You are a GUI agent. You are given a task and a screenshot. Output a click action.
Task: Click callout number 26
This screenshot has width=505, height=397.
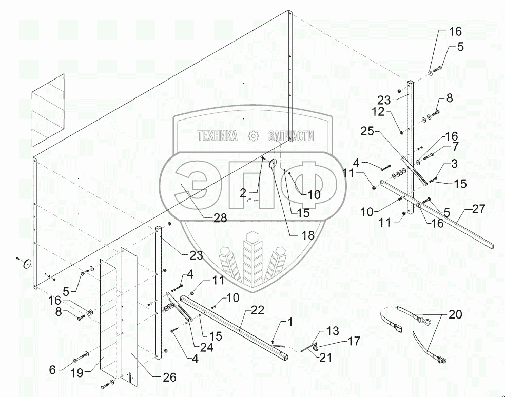tap(169, 377)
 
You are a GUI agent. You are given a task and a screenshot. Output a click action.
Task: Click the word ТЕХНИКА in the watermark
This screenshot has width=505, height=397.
tap(218, 135)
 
